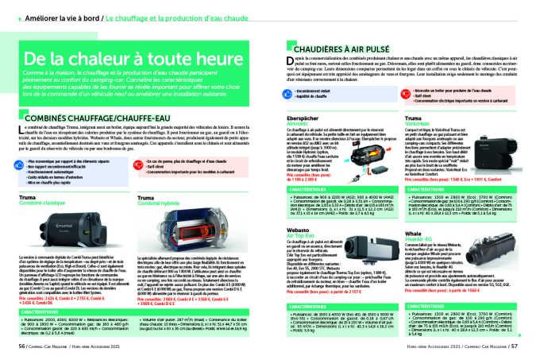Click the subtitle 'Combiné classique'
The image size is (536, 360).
click(x=40, y=203)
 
